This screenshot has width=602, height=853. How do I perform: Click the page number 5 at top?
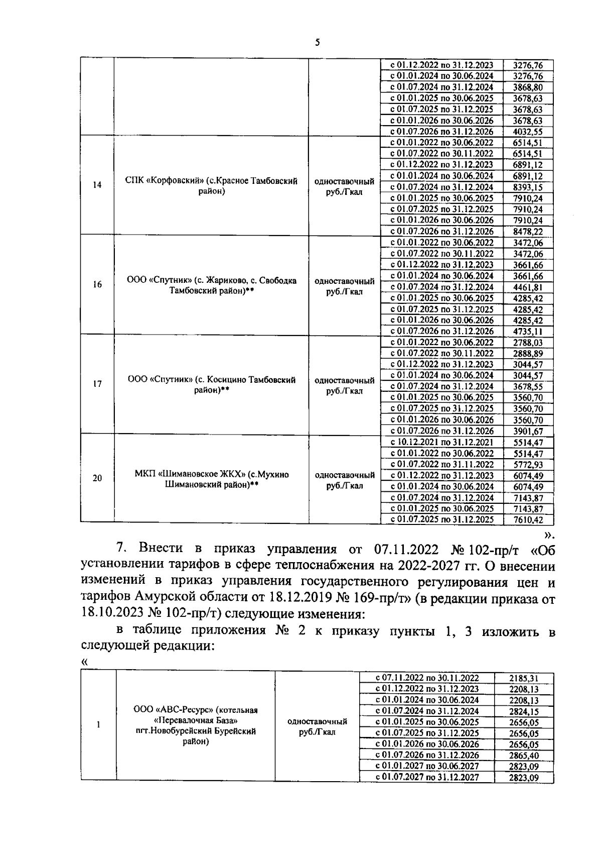(317, 43)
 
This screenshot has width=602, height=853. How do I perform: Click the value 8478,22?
(528, 232)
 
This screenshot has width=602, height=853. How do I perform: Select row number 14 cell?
(97, 185)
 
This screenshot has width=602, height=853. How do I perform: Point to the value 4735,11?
(528, 332)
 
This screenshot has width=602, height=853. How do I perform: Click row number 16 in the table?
(97, 285)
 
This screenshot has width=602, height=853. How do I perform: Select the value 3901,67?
(528, 431)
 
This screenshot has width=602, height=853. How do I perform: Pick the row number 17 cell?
(97, 384)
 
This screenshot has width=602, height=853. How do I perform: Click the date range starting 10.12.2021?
(441, 443)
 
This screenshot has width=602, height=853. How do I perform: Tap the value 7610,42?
(528, 520)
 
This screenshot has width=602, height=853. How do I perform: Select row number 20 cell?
(97, 478)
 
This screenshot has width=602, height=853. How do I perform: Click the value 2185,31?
(524, 678)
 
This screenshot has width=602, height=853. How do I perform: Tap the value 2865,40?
(524, 756)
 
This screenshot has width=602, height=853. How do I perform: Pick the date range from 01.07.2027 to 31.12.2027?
(427, 778)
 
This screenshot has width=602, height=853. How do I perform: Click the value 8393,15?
(528, 187)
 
